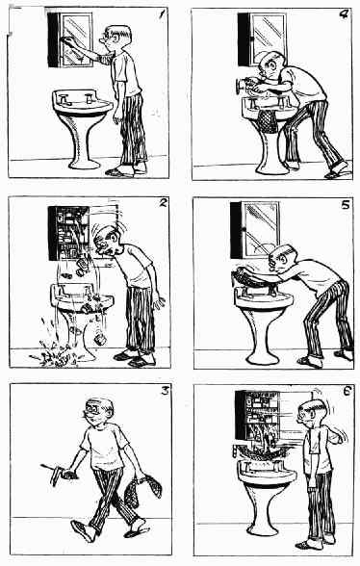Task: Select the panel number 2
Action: pyautogui.click(x=163, y=203)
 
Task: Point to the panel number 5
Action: pyautogui.click(x=346, y=205)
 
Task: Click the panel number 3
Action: pyautogui.click(x=165, y=391)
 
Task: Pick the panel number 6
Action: pyautogui.click(x=347, y=391)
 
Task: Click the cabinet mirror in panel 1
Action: pyautogui.click(x=77, y=39)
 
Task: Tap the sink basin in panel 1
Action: pyautogui.click(x=83, y=102)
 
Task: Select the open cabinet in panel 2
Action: pyautogui.click(x=68, y=233)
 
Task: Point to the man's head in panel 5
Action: pyautogui.click(x=282, y=259)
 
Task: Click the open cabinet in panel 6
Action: pyautogui.click(x=257, y=415)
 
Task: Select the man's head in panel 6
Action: pyautogui.click(x=310, y=412)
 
